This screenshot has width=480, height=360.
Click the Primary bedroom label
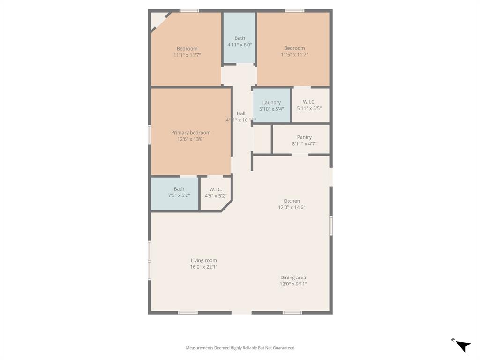[x=190, y=133]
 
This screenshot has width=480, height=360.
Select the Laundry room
[x=271, y=105]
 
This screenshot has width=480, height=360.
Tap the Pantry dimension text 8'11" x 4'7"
[x=304, y=144]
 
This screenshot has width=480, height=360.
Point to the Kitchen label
[x=291, y=201]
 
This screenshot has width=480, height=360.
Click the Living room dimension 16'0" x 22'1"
[x=203, y=267]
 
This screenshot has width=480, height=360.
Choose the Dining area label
[x=293, y=277]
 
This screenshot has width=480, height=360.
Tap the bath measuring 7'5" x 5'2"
[x=179, y=192]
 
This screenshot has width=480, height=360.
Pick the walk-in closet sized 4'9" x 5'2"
[x=216, y=192]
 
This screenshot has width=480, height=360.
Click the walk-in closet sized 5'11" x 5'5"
[x=309, y=105]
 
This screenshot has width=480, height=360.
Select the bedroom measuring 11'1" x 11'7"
[x=187, y=52]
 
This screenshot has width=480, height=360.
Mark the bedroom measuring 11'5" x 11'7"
[x=294, y=52]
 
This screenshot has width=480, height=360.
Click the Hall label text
[x=241, y=113]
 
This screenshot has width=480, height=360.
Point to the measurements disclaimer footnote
[x=240, y=348]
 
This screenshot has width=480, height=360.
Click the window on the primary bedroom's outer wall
[x=150, y=134]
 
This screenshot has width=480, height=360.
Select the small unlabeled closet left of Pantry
[x=262, y=139]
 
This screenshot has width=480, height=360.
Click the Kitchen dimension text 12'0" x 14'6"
[x=291, y=207]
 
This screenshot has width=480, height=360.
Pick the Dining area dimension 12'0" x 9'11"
[x=293, y=284]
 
